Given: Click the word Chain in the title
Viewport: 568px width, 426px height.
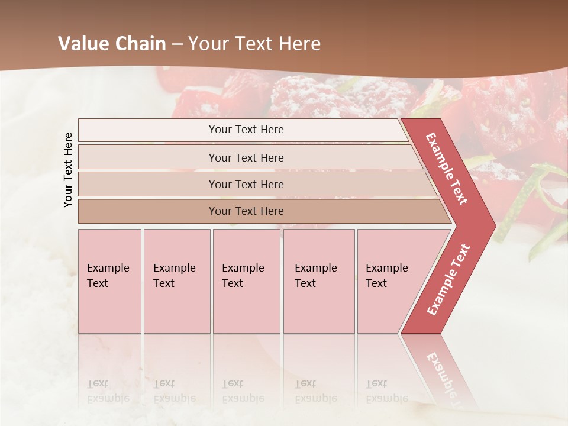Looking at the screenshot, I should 140,44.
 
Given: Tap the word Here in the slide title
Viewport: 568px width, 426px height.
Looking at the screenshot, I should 299,44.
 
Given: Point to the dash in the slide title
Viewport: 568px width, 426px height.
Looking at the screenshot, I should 177,44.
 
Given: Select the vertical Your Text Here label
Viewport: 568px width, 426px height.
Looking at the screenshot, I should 68,170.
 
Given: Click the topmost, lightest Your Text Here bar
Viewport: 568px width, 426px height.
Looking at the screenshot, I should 246,130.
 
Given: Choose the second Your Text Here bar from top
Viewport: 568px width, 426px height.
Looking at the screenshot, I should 246,157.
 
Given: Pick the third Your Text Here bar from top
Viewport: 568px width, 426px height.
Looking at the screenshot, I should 246,184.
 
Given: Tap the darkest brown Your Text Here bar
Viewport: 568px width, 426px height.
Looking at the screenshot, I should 246,211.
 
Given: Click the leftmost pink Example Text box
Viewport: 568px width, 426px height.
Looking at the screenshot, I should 109,281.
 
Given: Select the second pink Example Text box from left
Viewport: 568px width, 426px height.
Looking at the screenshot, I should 176,281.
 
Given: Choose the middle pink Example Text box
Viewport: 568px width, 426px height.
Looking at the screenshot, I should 246,281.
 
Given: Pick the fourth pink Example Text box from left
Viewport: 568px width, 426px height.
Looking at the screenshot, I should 318,281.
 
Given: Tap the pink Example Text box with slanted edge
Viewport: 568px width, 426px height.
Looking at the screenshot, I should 388,281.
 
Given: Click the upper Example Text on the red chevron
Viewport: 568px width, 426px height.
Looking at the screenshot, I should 447,169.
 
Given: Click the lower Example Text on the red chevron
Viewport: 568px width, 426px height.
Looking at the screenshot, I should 448,279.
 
